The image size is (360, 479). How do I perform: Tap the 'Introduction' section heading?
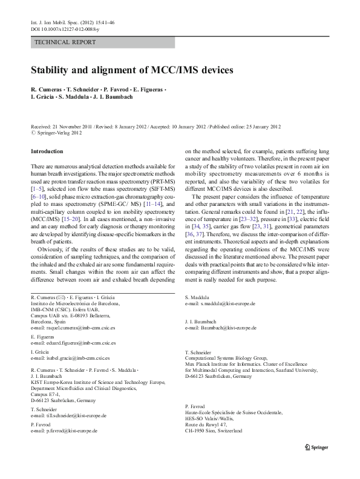(47, 151)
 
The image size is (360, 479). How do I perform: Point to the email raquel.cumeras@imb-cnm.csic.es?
(80, 328)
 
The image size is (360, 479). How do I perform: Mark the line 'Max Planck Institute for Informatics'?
(234, 364)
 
